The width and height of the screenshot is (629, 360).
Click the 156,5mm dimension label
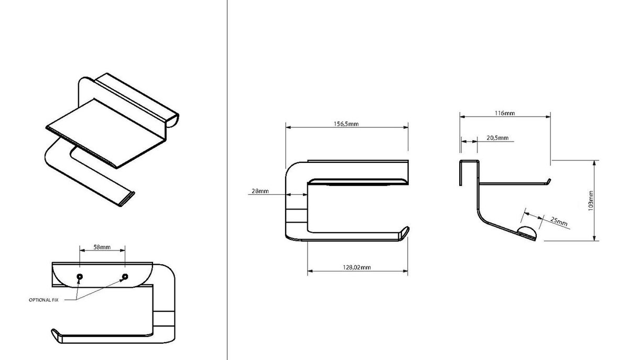[x=346, y=124]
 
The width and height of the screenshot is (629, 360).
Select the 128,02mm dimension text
[x=356, y=267]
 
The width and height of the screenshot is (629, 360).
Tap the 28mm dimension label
[x=260, y=191]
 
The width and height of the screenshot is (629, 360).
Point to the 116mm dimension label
[x=505, y=113]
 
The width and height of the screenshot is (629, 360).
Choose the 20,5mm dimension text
[x=497, y=138]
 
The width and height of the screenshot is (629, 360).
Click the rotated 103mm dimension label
[x=591, y=201]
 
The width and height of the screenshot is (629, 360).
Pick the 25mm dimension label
[x=559, y=222]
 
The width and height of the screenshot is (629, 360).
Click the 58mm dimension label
[x=102, y=247]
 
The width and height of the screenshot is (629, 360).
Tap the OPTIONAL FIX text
[x=44, y=300]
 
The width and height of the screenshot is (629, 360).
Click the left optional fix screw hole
[x=80, y=277]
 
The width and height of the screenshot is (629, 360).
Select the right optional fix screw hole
[x=125, y=277]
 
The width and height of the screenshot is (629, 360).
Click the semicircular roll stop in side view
[x=527, y=232]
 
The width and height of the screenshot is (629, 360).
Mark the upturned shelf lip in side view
[x=548, y=182]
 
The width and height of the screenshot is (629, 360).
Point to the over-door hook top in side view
[x=469, y=161]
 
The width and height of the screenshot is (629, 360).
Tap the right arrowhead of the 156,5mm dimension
[x=406, y=127]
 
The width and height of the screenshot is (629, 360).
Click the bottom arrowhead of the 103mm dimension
[x=594, y=238]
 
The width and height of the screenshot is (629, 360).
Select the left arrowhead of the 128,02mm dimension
[x=310, y=271]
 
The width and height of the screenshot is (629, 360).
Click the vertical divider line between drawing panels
[x=227, y=180]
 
